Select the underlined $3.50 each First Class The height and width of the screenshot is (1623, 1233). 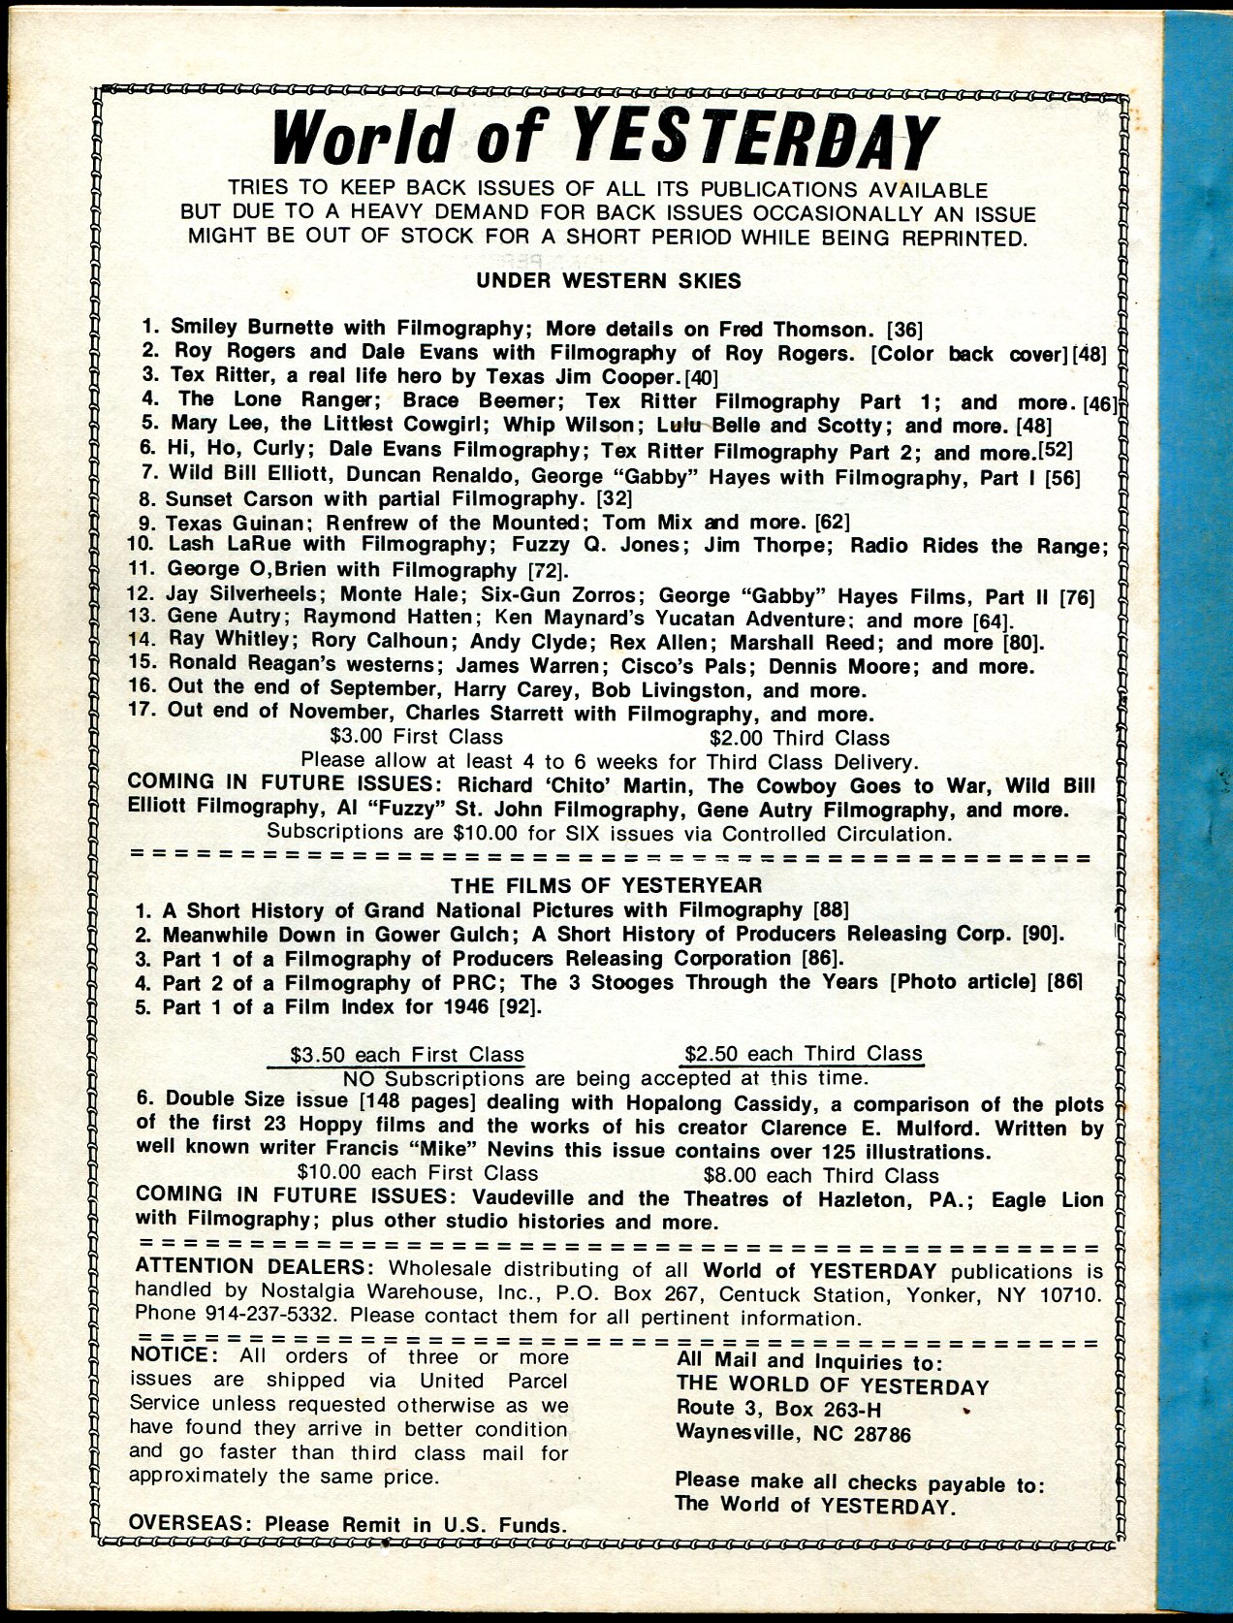pyautogui.click(x=407, y=1054)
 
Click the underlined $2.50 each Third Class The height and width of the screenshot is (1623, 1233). pyautogui.click(x=803, y=1053)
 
